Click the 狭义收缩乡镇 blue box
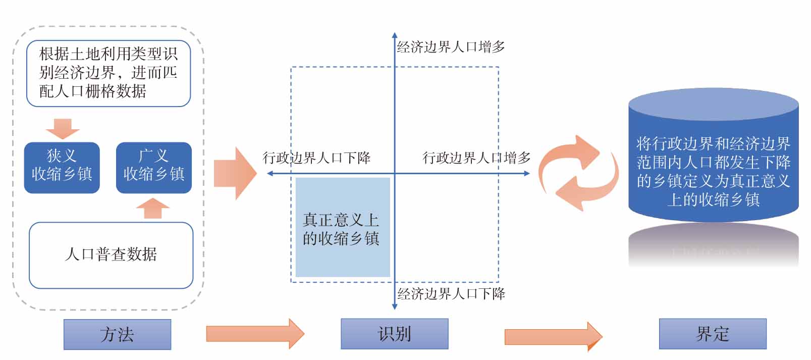point(62,167)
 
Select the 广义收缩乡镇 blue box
point(153,167)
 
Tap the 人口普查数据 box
point(111,254)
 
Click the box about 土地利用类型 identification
point(108,73)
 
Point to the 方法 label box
point(117,334)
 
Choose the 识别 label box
point(394,334)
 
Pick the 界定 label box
point(712,334)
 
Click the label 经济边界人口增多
point(451,47)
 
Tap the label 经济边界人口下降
point(451,293)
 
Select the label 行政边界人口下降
point(316,158)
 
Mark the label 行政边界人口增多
point(476,158)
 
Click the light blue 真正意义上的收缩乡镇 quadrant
point(343,227)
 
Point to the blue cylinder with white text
point(713,162)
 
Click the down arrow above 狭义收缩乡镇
point(63,129)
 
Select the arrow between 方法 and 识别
point(255,334)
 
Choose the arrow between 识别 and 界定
point(553,336)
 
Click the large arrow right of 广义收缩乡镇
point(235,173)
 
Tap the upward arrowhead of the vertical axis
point(395,36)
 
